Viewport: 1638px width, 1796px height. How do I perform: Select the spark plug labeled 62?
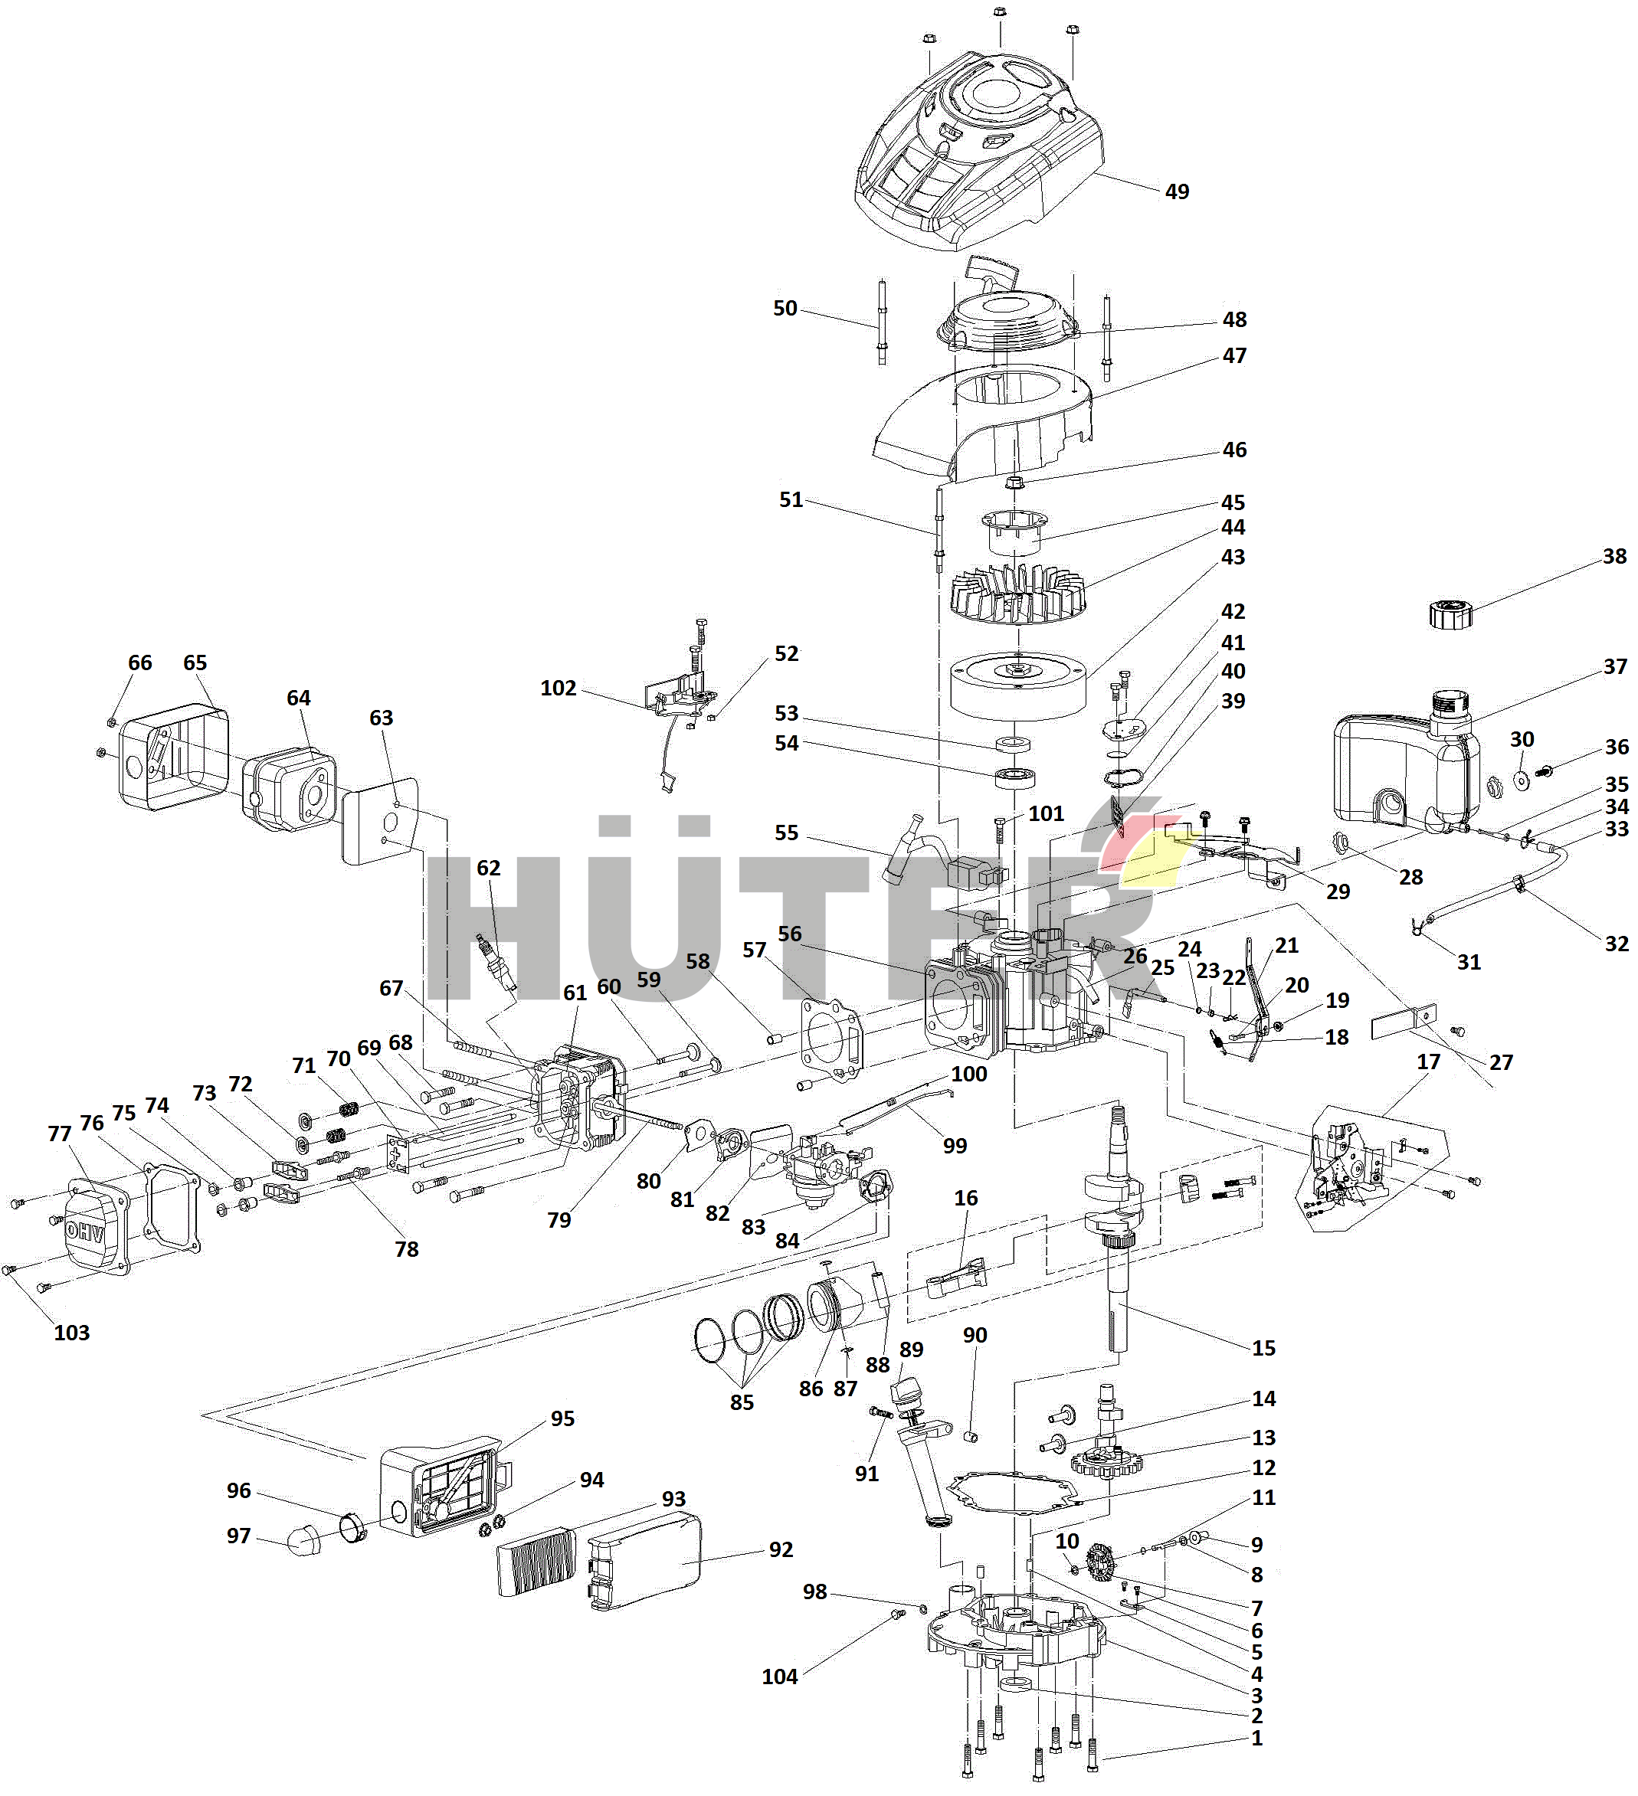(497, 963)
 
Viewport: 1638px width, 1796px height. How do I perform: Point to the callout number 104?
(779, 1676)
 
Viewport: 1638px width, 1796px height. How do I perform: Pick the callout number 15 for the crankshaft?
(1263, 1348)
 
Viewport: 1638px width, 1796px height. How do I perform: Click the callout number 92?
(781, 1549)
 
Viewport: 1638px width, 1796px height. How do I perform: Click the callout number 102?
(558, 688)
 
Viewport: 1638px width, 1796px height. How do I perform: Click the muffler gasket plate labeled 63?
(382, 819)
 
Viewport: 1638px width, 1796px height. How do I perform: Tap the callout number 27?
(1501, 1062)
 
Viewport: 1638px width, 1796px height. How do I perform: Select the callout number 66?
(140, 662)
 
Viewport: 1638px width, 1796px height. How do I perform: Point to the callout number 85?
(742, 1402)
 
